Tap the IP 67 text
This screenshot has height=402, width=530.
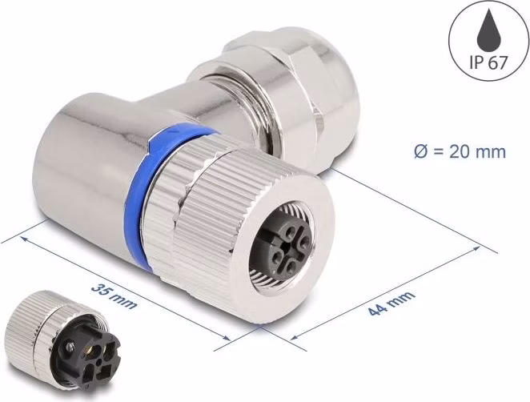point(488,62)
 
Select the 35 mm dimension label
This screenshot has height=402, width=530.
point(114,296)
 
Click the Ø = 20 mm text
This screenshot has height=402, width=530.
point(460,152)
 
